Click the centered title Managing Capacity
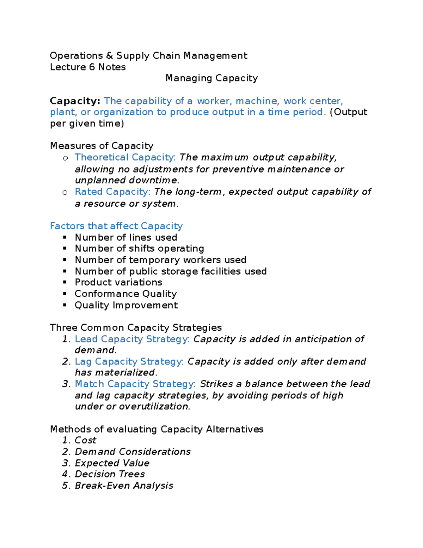pyautogui.click(x=211, y=78)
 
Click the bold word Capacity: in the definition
pyautogui.click(x=75, y=101)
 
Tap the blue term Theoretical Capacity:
pyautogui.click(x=125, y=157)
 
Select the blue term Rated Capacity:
pyautogui.click(x=112, y=192)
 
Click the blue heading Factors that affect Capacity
pyautogui.click(x=116, y=226)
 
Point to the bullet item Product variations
pyautogui.click(x=118, y=282)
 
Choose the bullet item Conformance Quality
pyautogui.click(x=125, y=294)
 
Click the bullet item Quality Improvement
pyautogui.click(x=126, y=305)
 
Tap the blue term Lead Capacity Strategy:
pyautogui.click(x=132, y=339)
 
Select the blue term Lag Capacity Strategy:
pyautogui.click(x=129, y=362)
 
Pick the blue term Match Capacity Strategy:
pyautogui.click(x=135, y=384)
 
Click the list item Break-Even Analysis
pyautogui.click(x=124, y=486)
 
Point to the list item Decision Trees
pyautogui.click(x=110, y=474)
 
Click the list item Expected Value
pyautogui.click(x=112, y=463)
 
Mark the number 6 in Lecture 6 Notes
pyautogui.click(x=92, y=67)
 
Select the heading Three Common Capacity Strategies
pyautogui.click(x=136, y=327)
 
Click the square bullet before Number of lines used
pyautogui.click(x=65, y=237)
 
